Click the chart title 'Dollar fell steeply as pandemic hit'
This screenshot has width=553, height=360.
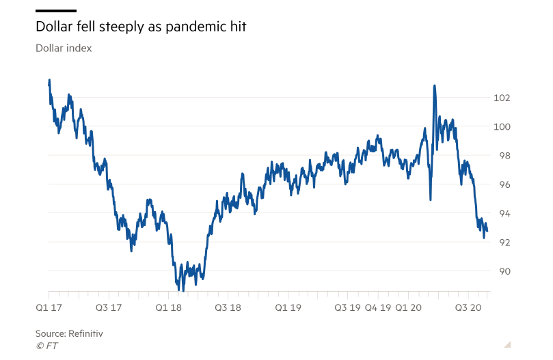(x=140, y=27)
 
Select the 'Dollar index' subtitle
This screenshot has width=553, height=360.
(x=64, y=49)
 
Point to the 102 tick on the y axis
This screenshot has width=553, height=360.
(x=502, y=98)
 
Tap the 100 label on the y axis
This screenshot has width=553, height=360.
(x=502, y=126)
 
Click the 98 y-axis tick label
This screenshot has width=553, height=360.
(x=502, y=156)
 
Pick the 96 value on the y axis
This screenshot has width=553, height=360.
(x=502, y=184)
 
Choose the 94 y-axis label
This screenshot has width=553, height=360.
(x=502, y=214)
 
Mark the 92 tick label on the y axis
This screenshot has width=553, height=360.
(x=502, y=243)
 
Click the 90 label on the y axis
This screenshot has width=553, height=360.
(x=502, y=271)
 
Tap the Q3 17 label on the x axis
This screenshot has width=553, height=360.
(x=108, y=308)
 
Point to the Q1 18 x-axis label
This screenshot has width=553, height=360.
(x=170, y=308)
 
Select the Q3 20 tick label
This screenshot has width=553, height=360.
(x=470, y=308)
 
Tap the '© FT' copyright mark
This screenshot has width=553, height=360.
(x=46, y=346)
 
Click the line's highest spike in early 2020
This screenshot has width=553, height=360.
(x=434, y=86)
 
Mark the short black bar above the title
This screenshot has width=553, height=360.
(x=55, y=11)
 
